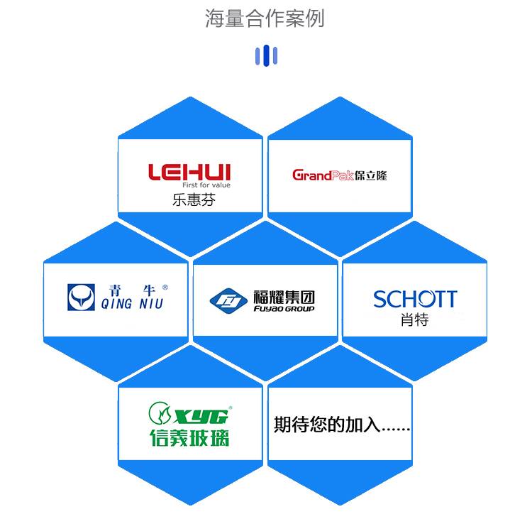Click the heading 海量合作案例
pyautogui.click(x=265, y=18)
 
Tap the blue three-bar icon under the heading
pyautogui.click(x=265, y=55)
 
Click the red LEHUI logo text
pyautogui.click(x=189, y=171)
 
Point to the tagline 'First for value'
pyautogui.click(x=206, y=185)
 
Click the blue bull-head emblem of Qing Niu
pyautogui.click(x=81, y=297)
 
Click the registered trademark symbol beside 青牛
pyautogui.click(x=165, y=288)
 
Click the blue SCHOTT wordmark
pyautogui.click(x=415, y=299)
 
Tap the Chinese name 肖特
pyautogui.click(x=414, y=321)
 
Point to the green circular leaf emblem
pyautogui.click(x=159, y=413)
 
